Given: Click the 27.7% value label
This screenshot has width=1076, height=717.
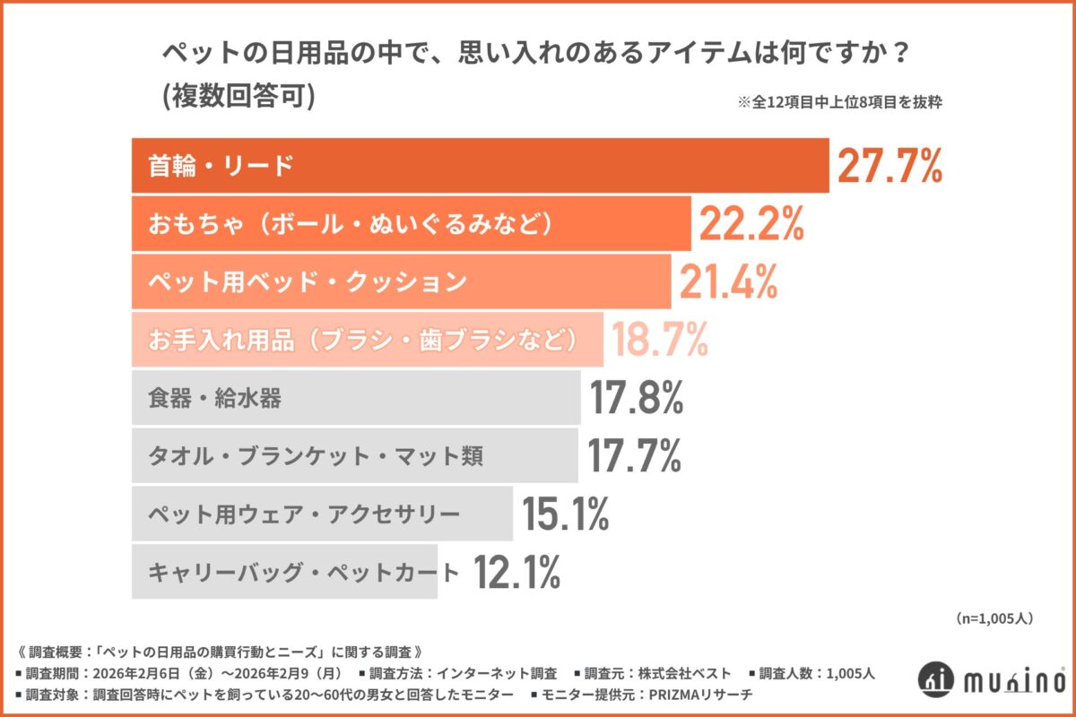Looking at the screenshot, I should point(889,167).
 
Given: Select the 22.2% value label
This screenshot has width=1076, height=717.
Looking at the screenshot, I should point(750,225).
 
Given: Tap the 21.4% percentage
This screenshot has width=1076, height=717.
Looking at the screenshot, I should point(727,282).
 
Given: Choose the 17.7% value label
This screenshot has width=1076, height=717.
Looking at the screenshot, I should point(634,455).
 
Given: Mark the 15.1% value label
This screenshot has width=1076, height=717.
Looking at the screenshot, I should point(565,514).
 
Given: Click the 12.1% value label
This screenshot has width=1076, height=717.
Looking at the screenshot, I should point(516,571).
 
